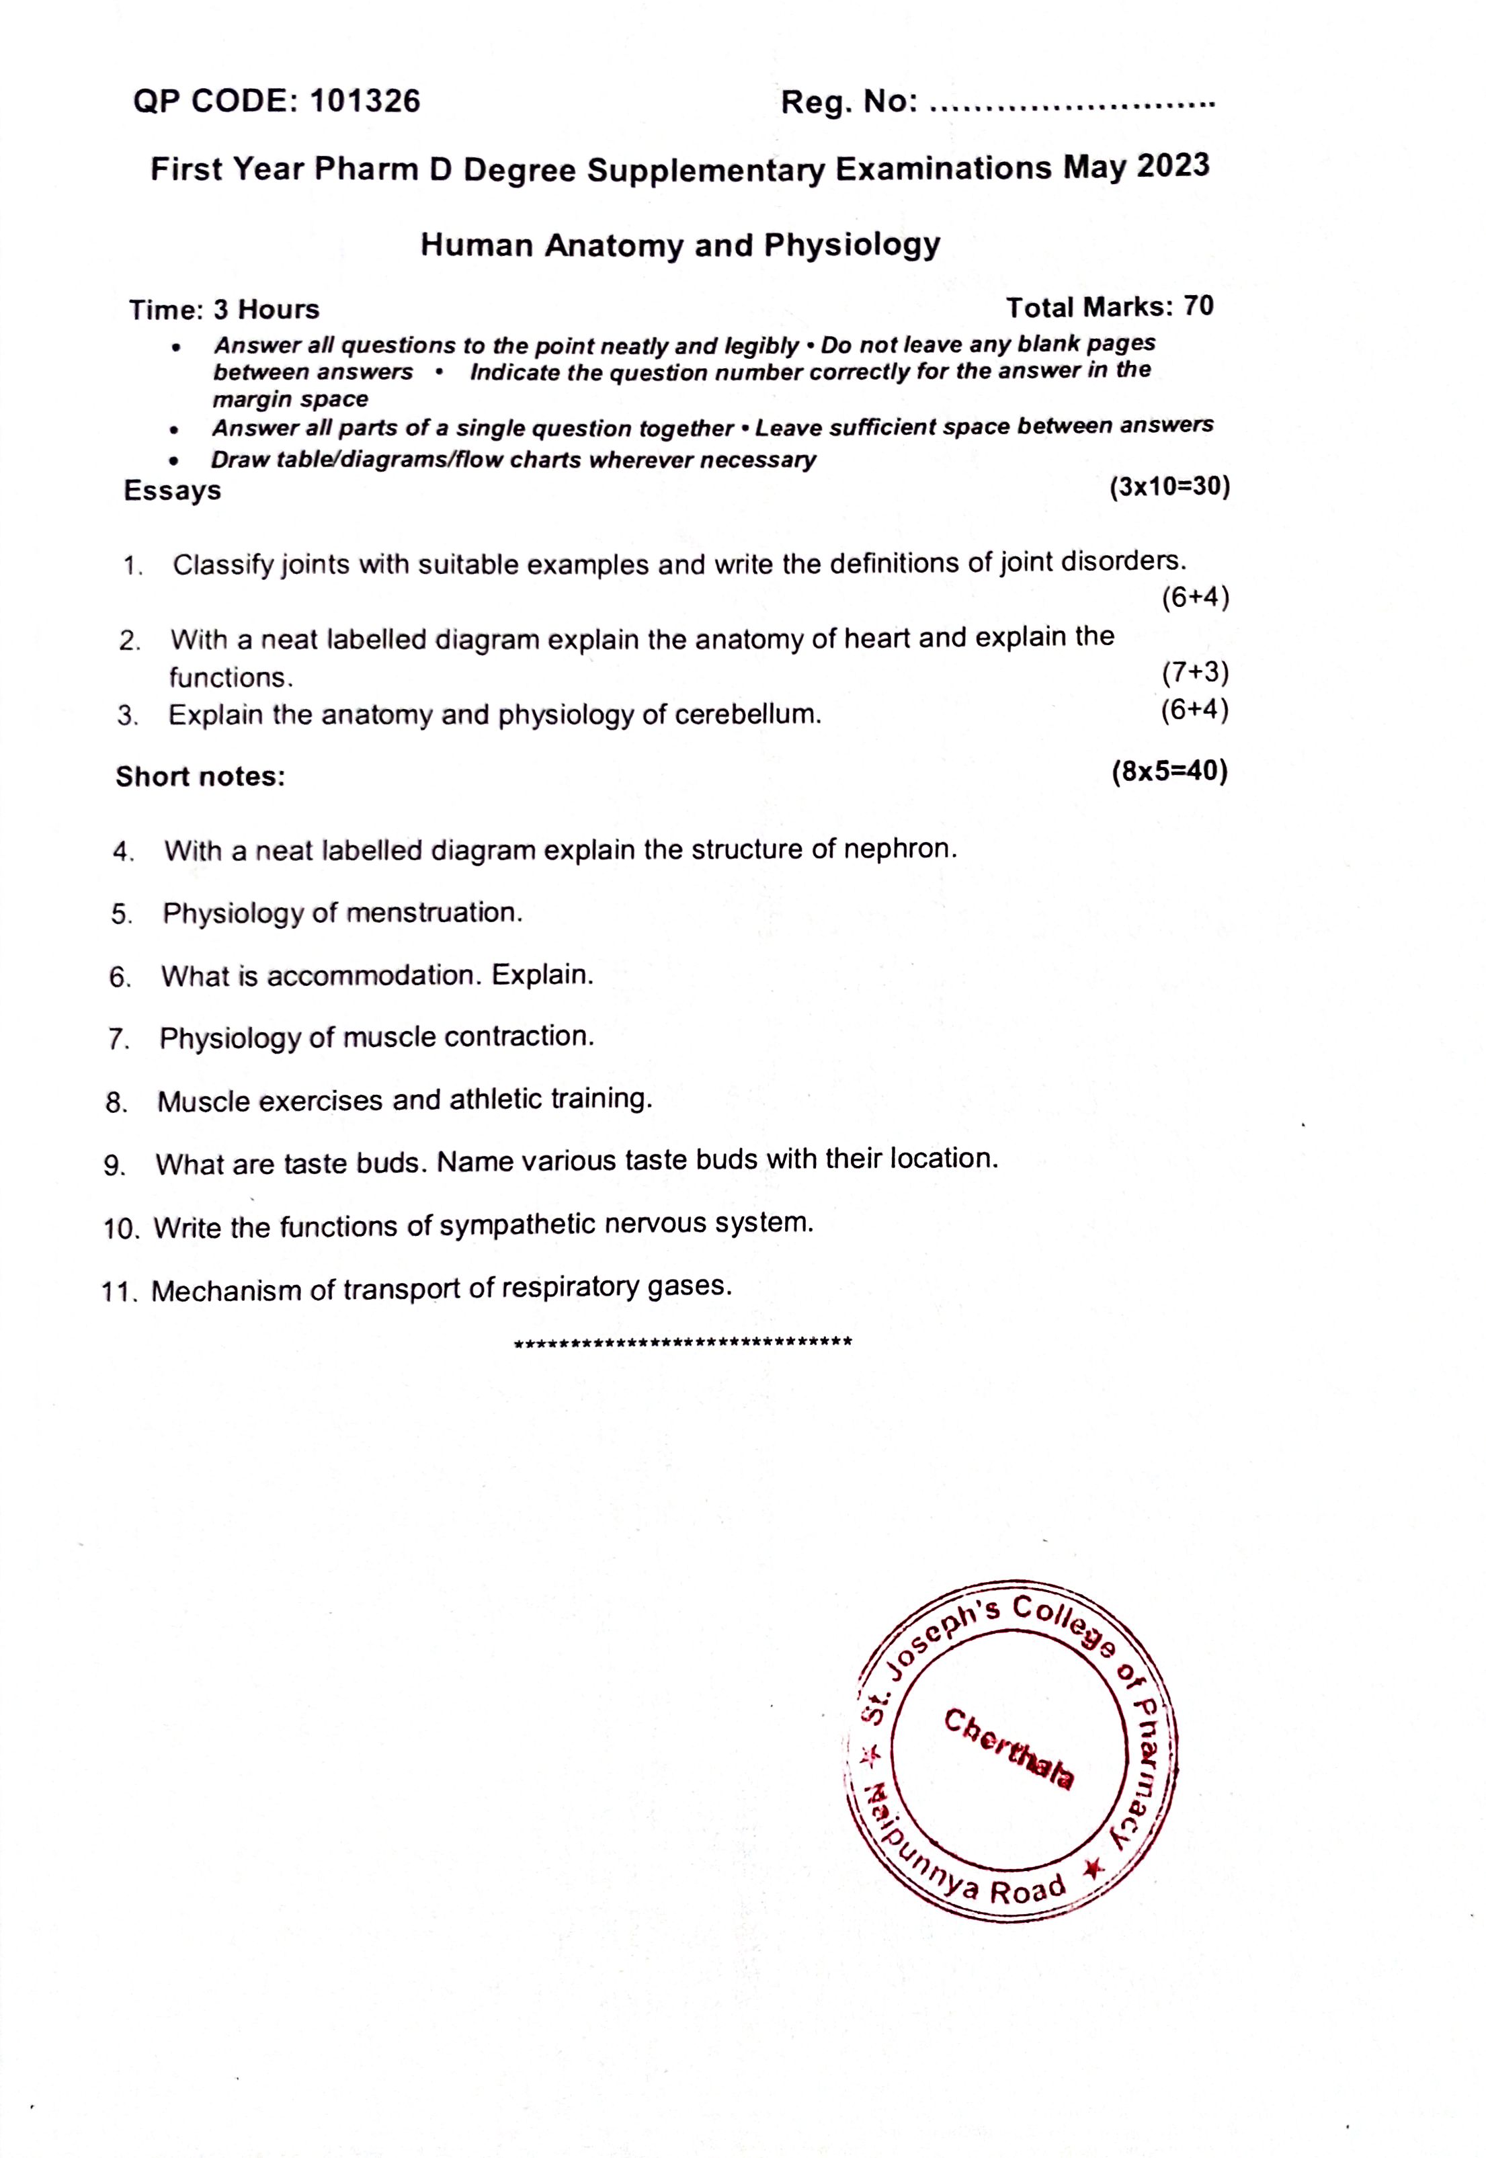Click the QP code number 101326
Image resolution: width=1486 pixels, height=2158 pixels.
click(364, 101)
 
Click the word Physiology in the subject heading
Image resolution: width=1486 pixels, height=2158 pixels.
click(852, 245)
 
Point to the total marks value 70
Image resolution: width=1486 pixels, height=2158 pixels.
click(1198, 306)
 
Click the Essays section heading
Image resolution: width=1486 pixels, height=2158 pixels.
click(172, 491)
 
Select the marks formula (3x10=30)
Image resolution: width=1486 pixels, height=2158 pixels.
click(1169, 487)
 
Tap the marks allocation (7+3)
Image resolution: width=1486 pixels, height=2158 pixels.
click(1196, 672)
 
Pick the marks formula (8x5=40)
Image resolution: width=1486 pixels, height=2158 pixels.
click(1169, 771)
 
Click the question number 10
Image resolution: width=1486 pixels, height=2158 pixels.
click(121, 1229)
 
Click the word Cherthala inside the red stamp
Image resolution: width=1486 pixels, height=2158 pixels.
click(1009, 1748)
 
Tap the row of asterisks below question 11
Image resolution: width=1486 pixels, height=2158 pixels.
click(684, 1343)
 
